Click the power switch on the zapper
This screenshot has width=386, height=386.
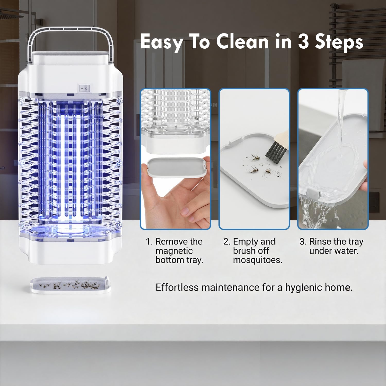[84, 88]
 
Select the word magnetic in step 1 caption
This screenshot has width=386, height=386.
[174, 251]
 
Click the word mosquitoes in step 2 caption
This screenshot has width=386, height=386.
[258, 260]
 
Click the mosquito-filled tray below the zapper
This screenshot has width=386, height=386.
[71, 285]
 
